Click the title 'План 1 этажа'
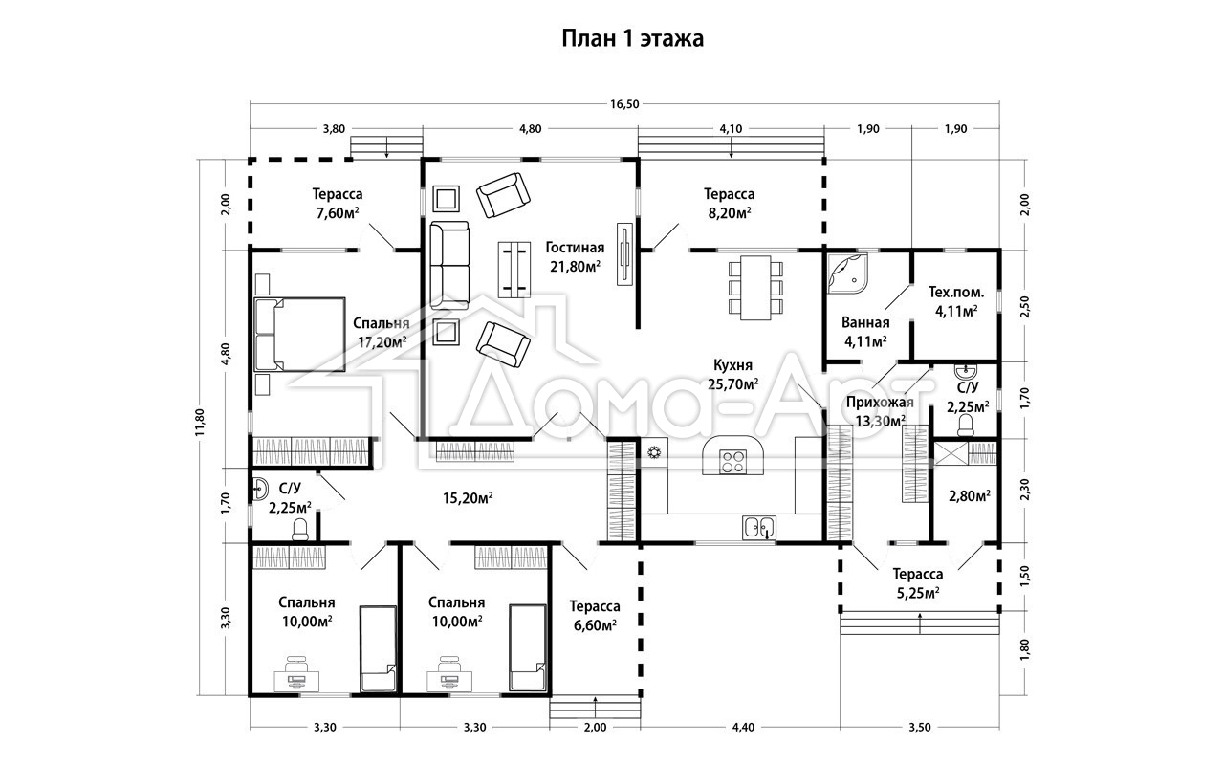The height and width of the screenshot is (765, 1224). pyautogui.click(x=633, y=39)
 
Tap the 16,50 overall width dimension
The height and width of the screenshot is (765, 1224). pyautogui.click(x=624, y=104)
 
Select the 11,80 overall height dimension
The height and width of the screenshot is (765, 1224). pyautogui.click(x=201, y=422)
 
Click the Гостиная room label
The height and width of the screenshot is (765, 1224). pyautogui.click(x=575, y=248)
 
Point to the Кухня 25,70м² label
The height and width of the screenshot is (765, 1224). pyautogui.click(x=732, y=374)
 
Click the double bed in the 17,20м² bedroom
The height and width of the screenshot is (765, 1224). pyautogui.click(x=300, y=335)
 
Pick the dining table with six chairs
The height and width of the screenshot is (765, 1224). pyautogui.click(x=755, y=288)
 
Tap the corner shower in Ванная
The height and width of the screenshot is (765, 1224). pyautogui.click(x=847, y=273)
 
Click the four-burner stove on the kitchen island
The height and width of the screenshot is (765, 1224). pyautogui.click(x=732, y=461)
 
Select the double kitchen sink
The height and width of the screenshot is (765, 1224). pyautogui.click(x=759, y=527)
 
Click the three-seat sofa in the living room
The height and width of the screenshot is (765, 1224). pyautogui.click(x=449, y=266)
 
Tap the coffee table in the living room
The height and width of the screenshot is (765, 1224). pyautogui.click(x=514, y=270)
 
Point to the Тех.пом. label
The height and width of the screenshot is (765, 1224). pyautogui.click(x=956, y=293)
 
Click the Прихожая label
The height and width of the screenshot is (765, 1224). pyautogui.click(x=880, y=403)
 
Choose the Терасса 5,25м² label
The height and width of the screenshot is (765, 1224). pyautogui.click(x=918, y=583)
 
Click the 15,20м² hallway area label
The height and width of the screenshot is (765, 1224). pyautogui.click(x=468, y=498)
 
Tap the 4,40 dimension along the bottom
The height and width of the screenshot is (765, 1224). pyautogui.click(x=743, y=728)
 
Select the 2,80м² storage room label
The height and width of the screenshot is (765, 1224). pyautogui.click(x=970, y=496)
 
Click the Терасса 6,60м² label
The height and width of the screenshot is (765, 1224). pyautogui.click(x=595, y=615)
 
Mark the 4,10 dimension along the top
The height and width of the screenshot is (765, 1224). pyautogui.click(x=732, y=129)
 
